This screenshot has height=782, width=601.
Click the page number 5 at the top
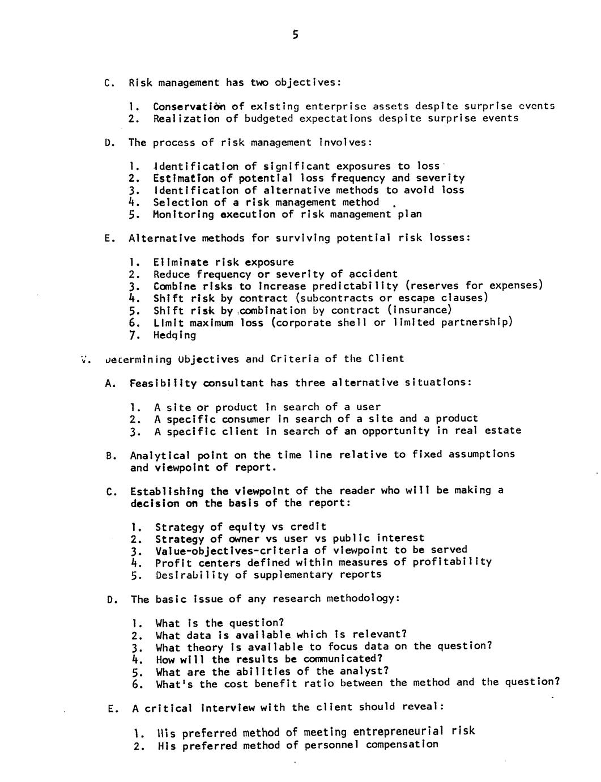pyautogui.click(x=295, y=35)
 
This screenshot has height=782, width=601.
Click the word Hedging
pyautogui.click(x=174, y=335)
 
